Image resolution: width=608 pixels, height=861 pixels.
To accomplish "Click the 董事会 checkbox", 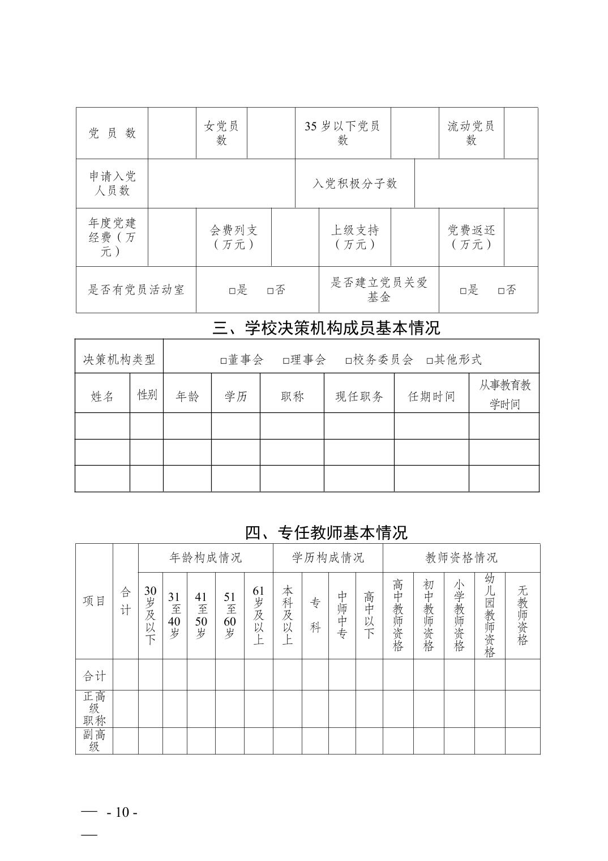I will click(x=224, y=361).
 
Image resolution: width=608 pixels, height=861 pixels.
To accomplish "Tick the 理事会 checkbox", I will click(x=286, y=361).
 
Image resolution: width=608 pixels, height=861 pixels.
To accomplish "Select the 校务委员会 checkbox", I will click(x=349, y=361).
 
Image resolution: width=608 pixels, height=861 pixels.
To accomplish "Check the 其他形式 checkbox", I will click(x=430, y=361).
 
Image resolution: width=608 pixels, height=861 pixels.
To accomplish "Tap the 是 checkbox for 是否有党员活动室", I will click(x=232, y=291).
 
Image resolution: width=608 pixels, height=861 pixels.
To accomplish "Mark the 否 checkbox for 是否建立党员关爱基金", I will click(x=501, y=291).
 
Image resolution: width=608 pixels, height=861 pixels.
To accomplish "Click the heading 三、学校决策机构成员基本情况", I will click(x=326, y=328).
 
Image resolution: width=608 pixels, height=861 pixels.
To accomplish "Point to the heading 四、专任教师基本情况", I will click(x=326, y=532).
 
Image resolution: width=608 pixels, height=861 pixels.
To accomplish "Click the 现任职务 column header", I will click(x=359, y=397).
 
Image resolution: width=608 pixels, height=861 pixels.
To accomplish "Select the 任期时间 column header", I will click(x=431, y=397).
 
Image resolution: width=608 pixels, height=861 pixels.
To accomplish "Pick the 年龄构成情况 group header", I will click(x=205, y=558).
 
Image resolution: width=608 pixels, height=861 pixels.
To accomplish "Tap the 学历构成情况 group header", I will click(x=328, y=558).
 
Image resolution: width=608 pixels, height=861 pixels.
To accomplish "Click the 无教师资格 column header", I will click(x=523, y=615).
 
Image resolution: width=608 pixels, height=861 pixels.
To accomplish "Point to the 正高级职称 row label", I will click(x=95, y=708).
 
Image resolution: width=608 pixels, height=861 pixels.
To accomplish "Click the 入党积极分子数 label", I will click(x=355, y=184).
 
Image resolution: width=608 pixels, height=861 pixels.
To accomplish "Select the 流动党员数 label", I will click(x=471, y=133).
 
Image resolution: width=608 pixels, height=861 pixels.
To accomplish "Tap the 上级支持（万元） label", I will click(x=355, y=237).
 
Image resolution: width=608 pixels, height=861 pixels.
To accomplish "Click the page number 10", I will click(x=122, y=812).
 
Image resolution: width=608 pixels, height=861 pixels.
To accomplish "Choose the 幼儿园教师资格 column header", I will click(x=490, y=615).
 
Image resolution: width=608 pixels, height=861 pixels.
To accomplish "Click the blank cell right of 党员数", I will click(x=172, y=133).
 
